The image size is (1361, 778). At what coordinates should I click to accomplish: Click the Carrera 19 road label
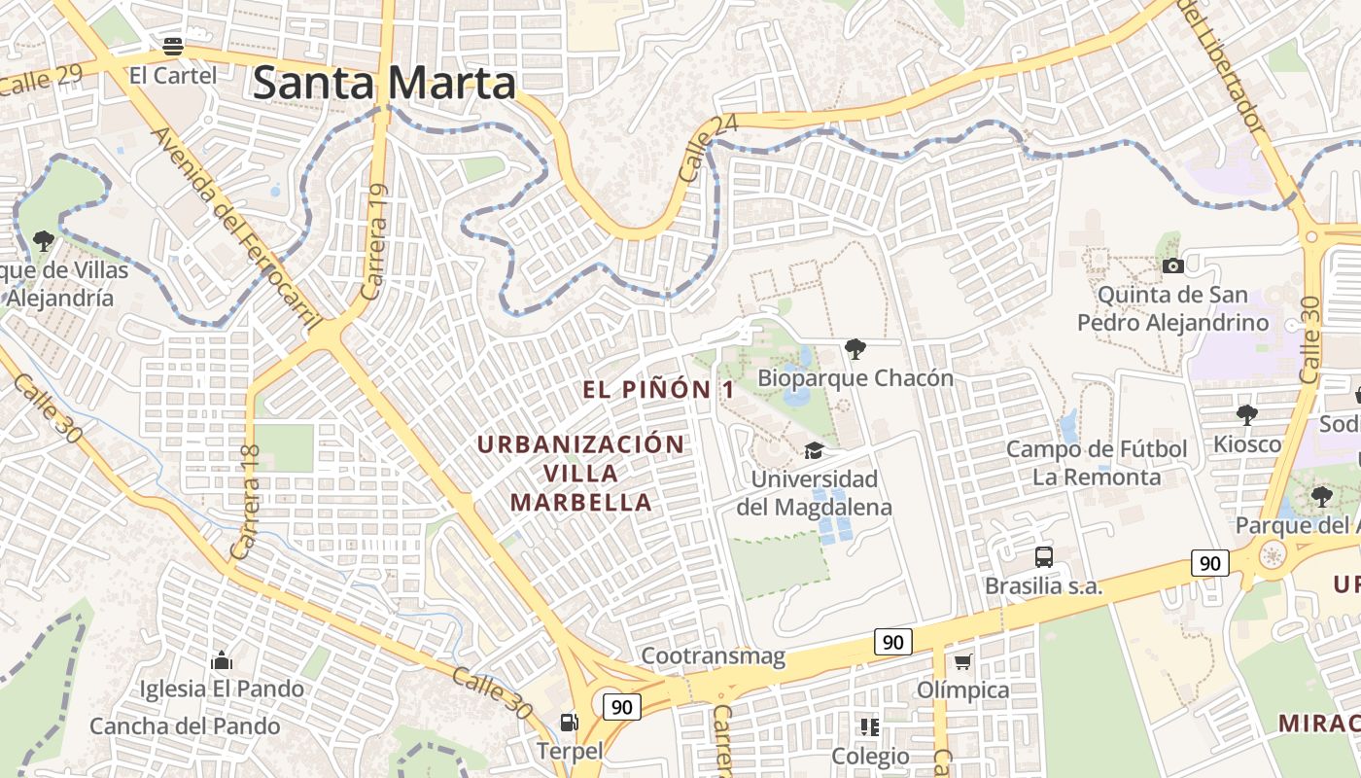[x=374, y=243]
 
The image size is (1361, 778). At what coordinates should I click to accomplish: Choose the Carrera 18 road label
[x=246, y=502]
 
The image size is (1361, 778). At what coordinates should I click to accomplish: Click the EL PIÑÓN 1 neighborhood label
[x=658, y=390]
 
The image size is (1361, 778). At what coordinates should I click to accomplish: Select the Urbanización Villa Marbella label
[x=581, y=474]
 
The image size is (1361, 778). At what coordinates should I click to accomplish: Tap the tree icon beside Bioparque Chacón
[x=855, y=348]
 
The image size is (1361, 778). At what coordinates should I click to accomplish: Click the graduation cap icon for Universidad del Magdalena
[x=813, y=450]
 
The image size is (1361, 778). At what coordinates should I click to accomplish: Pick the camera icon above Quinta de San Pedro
[x=1172, y=265]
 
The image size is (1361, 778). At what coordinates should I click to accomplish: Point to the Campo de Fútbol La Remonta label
[x=1097, y=463]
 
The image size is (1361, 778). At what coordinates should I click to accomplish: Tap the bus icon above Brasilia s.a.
[x=1044, y=557]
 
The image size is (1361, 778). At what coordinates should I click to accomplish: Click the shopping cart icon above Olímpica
[x=962, y=662]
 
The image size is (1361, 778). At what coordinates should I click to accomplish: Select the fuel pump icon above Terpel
[x=569, y=722]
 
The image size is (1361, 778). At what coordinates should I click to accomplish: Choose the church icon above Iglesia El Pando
[x=222, y=661]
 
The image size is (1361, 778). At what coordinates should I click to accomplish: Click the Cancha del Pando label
[x=185, y=726]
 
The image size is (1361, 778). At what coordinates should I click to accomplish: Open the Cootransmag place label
[x=713, y=656]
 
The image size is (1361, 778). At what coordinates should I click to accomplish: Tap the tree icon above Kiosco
[x=1246, y=415]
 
